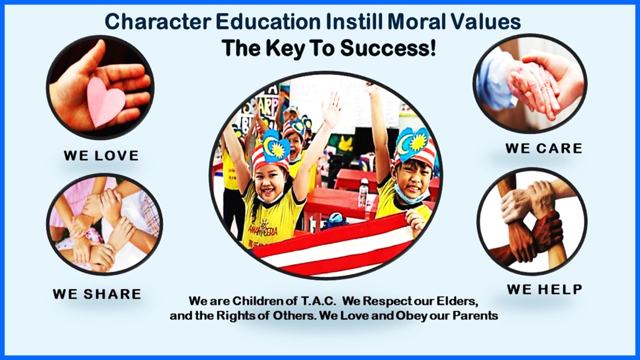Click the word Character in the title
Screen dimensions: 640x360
point(158,21)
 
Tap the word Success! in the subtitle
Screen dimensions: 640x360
point(388,47)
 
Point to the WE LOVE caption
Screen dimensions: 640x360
point(101,155)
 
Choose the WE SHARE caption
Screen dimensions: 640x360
point(97,294)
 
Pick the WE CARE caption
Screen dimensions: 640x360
point(544,148)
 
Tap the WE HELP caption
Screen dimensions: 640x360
point(544,289)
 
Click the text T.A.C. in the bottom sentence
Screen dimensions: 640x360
point(318,301)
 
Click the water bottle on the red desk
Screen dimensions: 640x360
point(363,191)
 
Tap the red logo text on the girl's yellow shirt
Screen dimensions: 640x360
point(263,229)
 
